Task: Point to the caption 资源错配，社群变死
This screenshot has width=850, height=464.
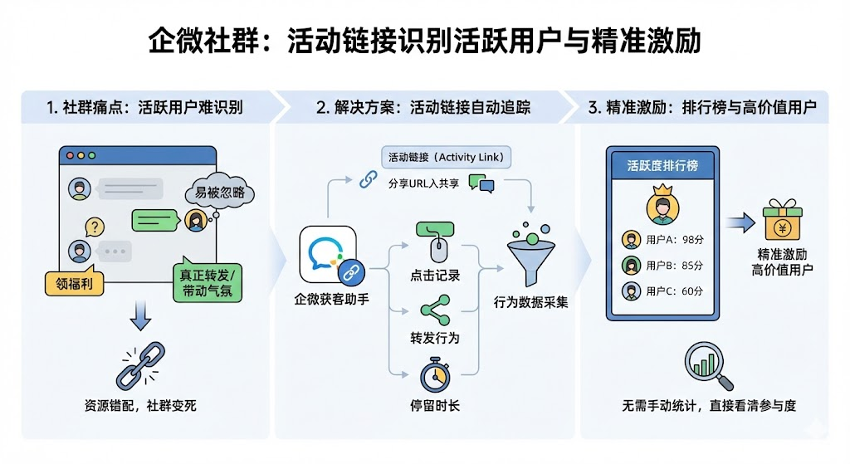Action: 140,407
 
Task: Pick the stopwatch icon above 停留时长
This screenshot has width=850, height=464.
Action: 434,374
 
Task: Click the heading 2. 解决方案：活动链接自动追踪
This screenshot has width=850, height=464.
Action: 423,108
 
